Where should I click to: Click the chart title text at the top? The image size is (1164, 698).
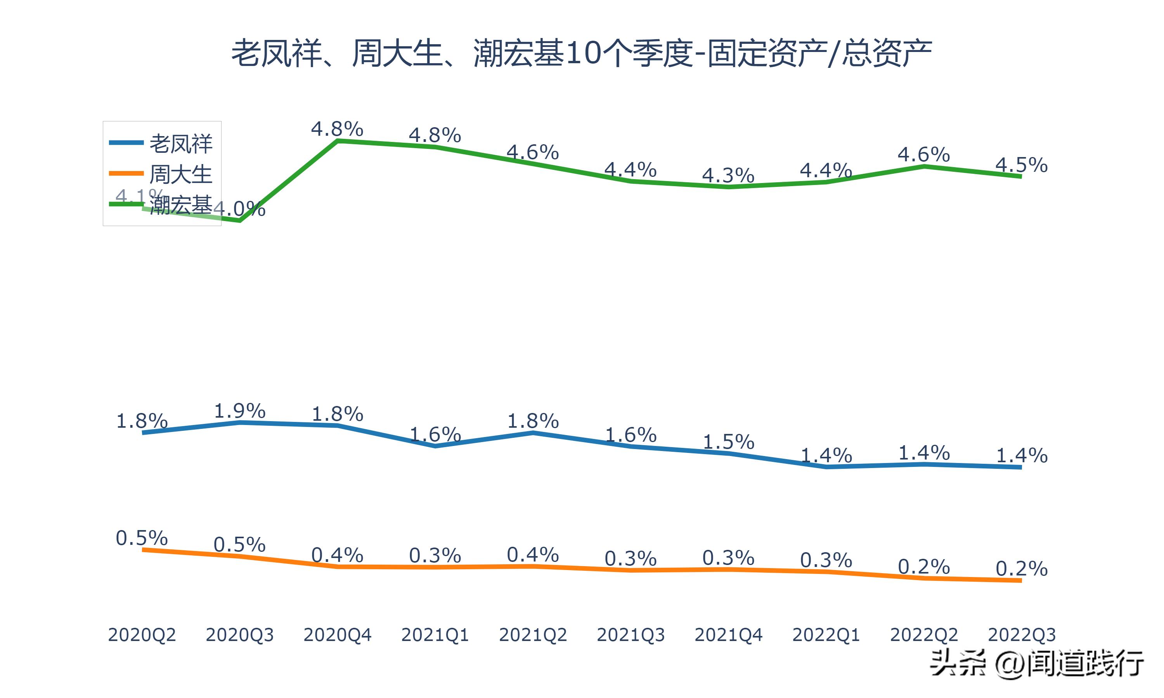pos(582,53)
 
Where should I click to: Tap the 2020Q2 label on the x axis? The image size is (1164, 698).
pos(142,635)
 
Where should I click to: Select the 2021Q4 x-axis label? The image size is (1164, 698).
pos(728,635)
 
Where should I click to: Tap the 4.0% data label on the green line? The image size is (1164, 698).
pos(240,208)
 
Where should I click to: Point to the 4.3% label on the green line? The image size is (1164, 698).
pos(728,175)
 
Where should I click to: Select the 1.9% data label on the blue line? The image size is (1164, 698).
pos(240,411)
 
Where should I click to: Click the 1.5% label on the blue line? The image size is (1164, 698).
pos(728,442)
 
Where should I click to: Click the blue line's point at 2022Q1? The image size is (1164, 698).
pos(826,467)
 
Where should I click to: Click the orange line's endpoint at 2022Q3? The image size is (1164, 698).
pos(1020,581)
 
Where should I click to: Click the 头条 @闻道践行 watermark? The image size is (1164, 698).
pos(1036,663)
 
